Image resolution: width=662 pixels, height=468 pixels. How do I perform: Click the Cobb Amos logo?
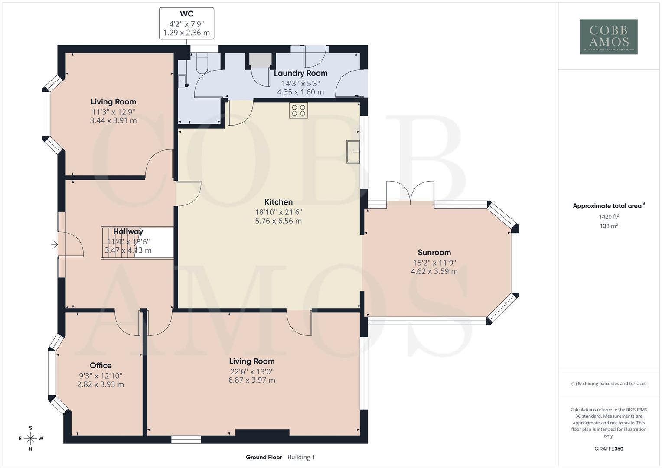tap(609, 36)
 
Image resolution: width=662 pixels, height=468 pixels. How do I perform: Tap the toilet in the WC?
tap(202, 64)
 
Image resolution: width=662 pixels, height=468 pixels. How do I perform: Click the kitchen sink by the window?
tap(353, 152)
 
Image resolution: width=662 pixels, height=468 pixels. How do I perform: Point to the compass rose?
tap(30, 438)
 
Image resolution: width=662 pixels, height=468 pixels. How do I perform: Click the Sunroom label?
tap(434, 252)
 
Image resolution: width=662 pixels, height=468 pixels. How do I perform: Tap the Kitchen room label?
tap(278, 202)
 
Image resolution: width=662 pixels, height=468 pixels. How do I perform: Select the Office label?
tap(101, 365)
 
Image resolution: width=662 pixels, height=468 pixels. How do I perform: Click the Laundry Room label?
tap(300, 73)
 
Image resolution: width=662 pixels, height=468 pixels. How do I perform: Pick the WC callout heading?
tap(186, 14)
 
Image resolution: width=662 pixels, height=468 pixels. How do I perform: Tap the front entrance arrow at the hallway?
tap(55, 245)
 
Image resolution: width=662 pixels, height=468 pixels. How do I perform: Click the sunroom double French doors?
tap(411, 192)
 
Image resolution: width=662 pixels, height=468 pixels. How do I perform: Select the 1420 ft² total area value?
tap(609, 217)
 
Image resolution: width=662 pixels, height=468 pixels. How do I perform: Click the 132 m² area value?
tap(609, 226)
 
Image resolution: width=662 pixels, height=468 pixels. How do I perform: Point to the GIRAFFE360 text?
tap(609, 448)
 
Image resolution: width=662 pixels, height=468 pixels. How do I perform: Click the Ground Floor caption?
tap(264, 457)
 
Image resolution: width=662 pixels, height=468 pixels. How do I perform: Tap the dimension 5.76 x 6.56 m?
tap(278, 221)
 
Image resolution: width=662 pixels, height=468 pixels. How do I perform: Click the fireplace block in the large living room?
tap(262, 433)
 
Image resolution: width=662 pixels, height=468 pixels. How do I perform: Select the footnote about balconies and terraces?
tap(609, 383)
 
